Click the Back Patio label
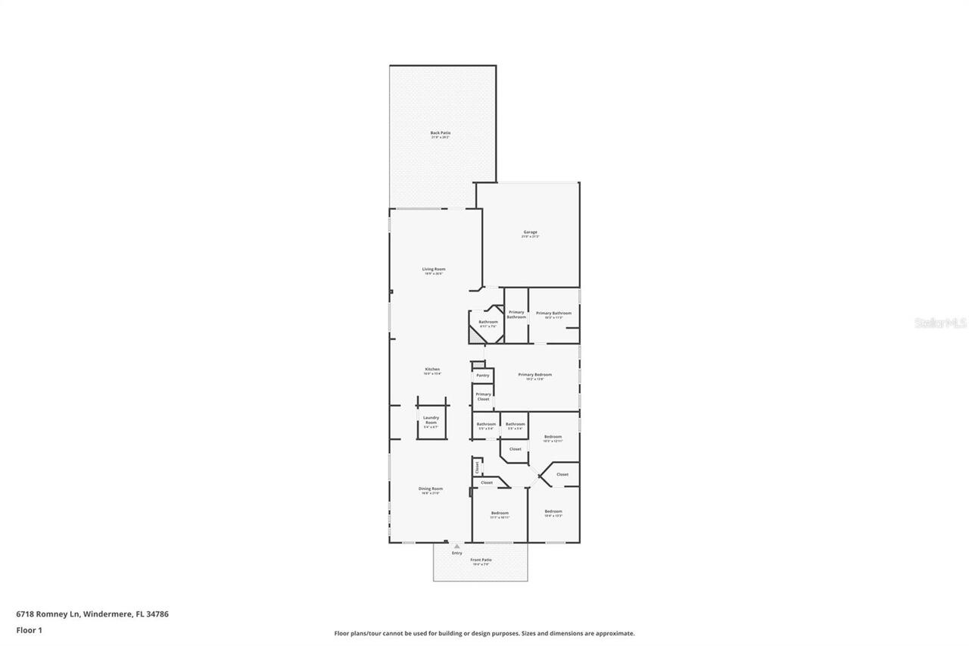[441, 133]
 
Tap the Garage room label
[530, 232]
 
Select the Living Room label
[434, 270]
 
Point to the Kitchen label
[432, 370]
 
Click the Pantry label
[482, 376]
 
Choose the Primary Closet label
[483, 396]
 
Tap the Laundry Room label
[431, 420]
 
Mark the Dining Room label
[431, 489]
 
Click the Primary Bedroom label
[534, 375]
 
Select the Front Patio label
[481, 560]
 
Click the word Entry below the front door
[457, 553]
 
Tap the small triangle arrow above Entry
[456, 545]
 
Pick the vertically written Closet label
[477, 467]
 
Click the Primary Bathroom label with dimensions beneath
[553, 314]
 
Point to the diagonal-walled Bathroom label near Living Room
[488, 322]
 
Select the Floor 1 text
[29, 629]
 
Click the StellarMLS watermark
[940, 323]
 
